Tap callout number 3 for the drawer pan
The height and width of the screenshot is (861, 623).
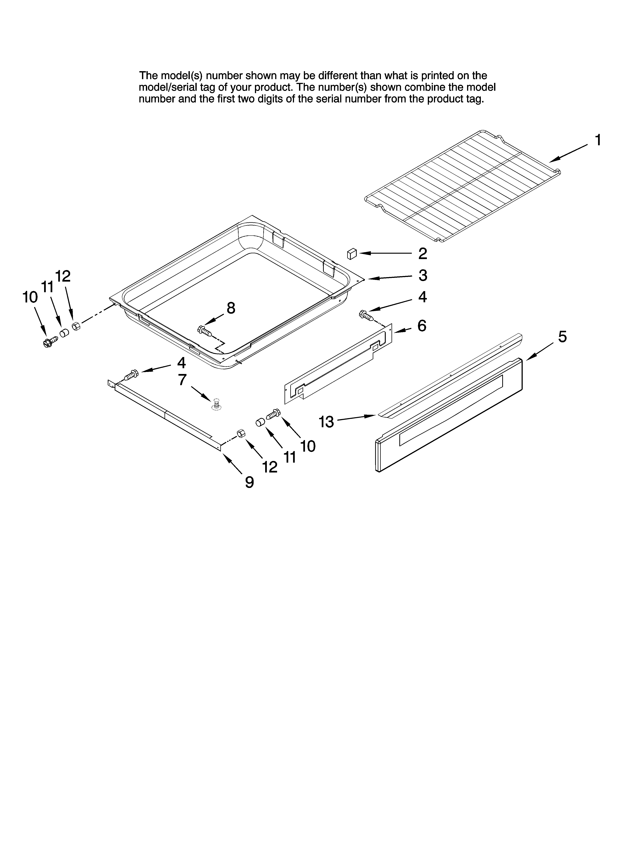click(x=423, y=276)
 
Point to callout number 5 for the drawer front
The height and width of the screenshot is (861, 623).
click(x=562, y=336)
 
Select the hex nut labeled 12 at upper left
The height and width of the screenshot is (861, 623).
click(x=76, y=326)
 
